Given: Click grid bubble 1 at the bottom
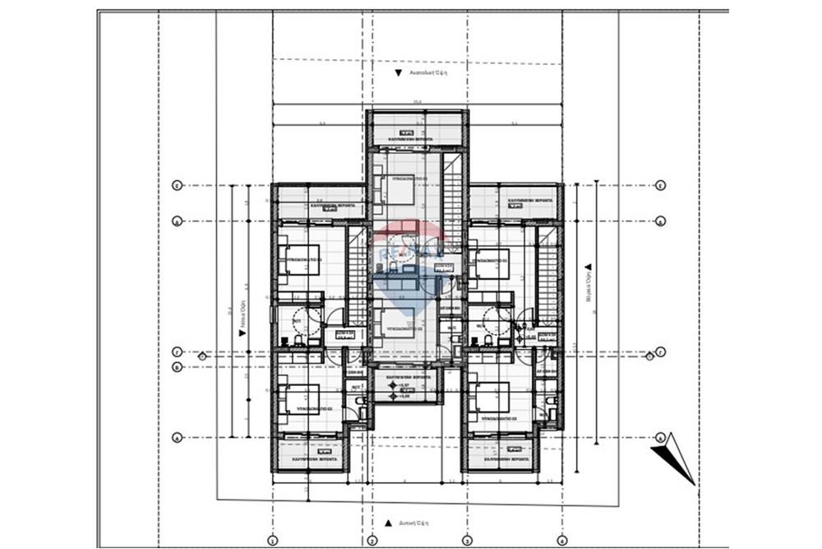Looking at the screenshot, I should pos(272,541).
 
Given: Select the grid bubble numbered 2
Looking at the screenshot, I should pos(371,541).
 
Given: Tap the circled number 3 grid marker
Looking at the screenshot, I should pos(466,541).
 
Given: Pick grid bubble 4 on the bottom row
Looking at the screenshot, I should pos(562,541).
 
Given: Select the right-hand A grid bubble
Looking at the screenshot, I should pos(660,437).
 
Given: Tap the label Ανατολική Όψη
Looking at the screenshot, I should pos(425,72).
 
